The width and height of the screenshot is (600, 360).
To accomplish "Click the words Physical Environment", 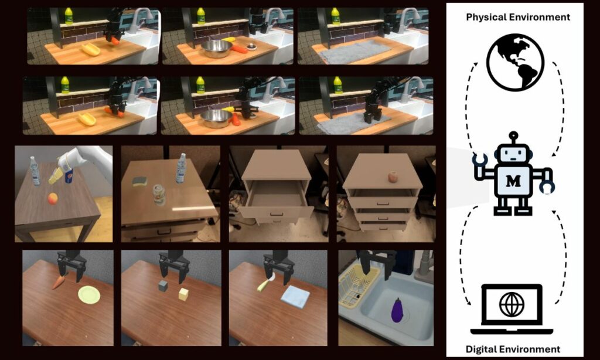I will (x=517, y=17).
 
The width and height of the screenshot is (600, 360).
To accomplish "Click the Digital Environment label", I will (x=513, y=349).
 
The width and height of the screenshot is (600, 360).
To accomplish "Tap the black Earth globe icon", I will (x=515, y=62).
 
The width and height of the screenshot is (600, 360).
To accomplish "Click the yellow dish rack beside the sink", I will (x=359, y=285).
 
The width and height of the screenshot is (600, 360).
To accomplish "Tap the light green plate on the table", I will (x=89, y=295).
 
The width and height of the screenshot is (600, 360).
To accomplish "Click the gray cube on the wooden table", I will (x=163, y=286).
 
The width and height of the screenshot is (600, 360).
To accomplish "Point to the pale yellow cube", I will (x=184, y=294).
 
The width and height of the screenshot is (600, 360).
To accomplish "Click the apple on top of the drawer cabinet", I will (x=393, y=176).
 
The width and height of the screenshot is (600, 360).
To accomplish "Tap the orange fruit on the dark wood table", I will (x=53, y=199).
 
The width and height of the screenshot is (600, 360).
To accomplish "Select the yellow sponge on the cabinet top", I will (x=140, y=181).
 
